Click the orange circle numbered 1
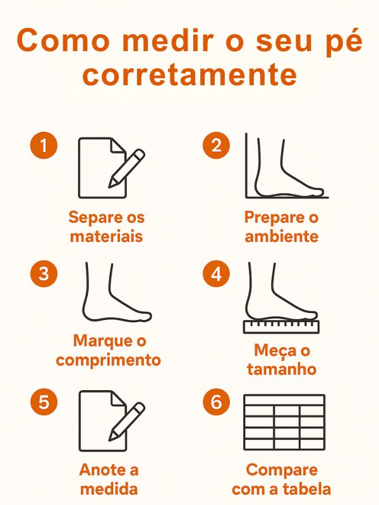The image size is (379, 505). click(44, 145)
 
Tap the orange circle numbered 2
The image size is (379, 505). click(216, 145)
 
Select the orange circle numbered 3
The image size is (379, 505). click(44, 274)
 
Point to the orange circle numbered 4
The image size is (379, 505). click(216, 274)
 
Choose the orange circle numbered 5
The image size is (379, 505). click(44, 402)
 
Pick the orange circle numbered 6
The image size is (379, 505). click(216, 402)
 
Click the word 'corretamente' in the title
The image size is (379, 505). click(189, 74)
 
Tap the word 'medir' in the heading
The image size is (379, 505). click(167, 40)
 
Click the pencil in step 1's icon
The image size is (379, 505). click(126, 168)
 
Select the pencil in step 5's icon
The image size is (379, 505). click(126, 421)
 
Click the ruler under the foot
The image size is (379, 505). click(281, 326)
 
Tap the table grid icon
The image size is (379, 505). click(284, 422)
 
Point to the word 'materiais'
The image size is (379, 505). click(106, 236)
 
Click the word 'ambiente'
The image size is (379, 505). click(281, 236)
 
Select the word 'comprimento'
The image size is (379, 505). click(108, 360)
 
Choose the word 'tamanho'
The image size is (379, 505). click(282, 369)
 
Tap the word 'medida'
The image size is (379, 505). click(109, 489)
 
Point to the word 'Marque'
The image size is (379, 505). click(99, 342)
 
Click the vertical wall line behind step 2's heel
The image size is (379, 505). click(246, 165)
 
